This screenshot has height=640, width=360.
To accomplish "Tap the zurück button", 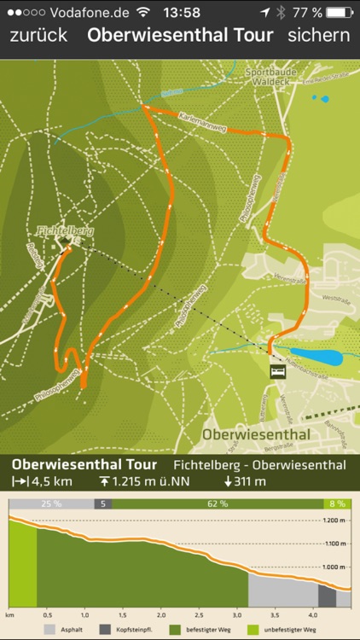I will [x=38, y=36].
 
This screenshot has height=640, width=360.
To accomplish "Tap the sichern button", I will [x=318, y=36].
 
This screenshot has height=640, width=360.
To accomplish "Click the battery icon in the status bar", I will [x=340, y=12].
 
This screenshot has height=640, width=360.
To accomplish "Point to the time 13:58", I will [x=180, y=12].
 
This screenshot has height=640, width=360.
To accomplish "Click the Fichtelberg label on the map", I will [x=65, y=230].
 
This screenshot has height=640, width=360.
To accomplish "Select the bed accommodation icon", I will [x=277, y=372].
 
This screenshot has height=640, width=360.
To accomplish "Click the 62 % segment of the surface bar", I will [x=218, y=503].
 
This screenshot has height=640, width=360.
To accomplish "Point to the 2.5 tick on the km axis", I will [x=198, y=614].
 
